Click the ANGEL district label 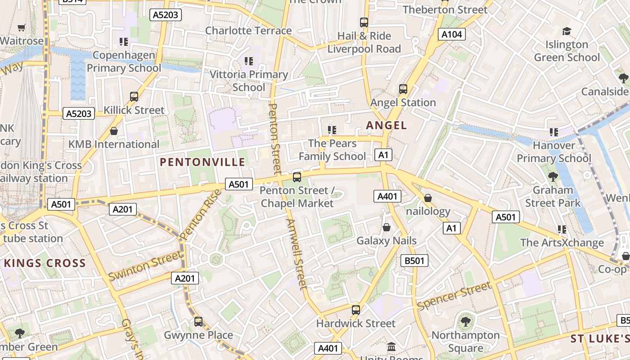(387, 125)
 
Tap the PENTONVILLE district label (202, 162)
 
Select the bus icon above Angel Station (403, 89)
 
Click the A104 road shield (452, 34)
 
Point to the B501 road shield (414, 260)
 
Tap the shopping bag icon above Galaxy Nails (386, 228)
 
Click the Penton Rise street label (201, 214)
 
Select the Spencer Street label (454, 296)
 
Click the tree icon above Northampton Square (465, 322)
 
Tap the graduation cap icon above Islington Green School (567, 31)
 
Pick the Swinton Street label (145, 265)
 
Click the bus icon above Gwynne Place (198, 322)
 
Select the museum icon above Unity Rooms (391, 347)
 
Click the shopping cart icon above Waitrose (21, 27)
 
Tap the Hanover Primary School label (553, 152)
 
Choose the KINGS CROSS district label (45, 263)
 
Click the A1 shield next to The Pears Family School (383, 155)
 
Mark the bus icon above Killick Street (134, 96)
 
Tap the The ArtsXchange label (562, 243)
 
